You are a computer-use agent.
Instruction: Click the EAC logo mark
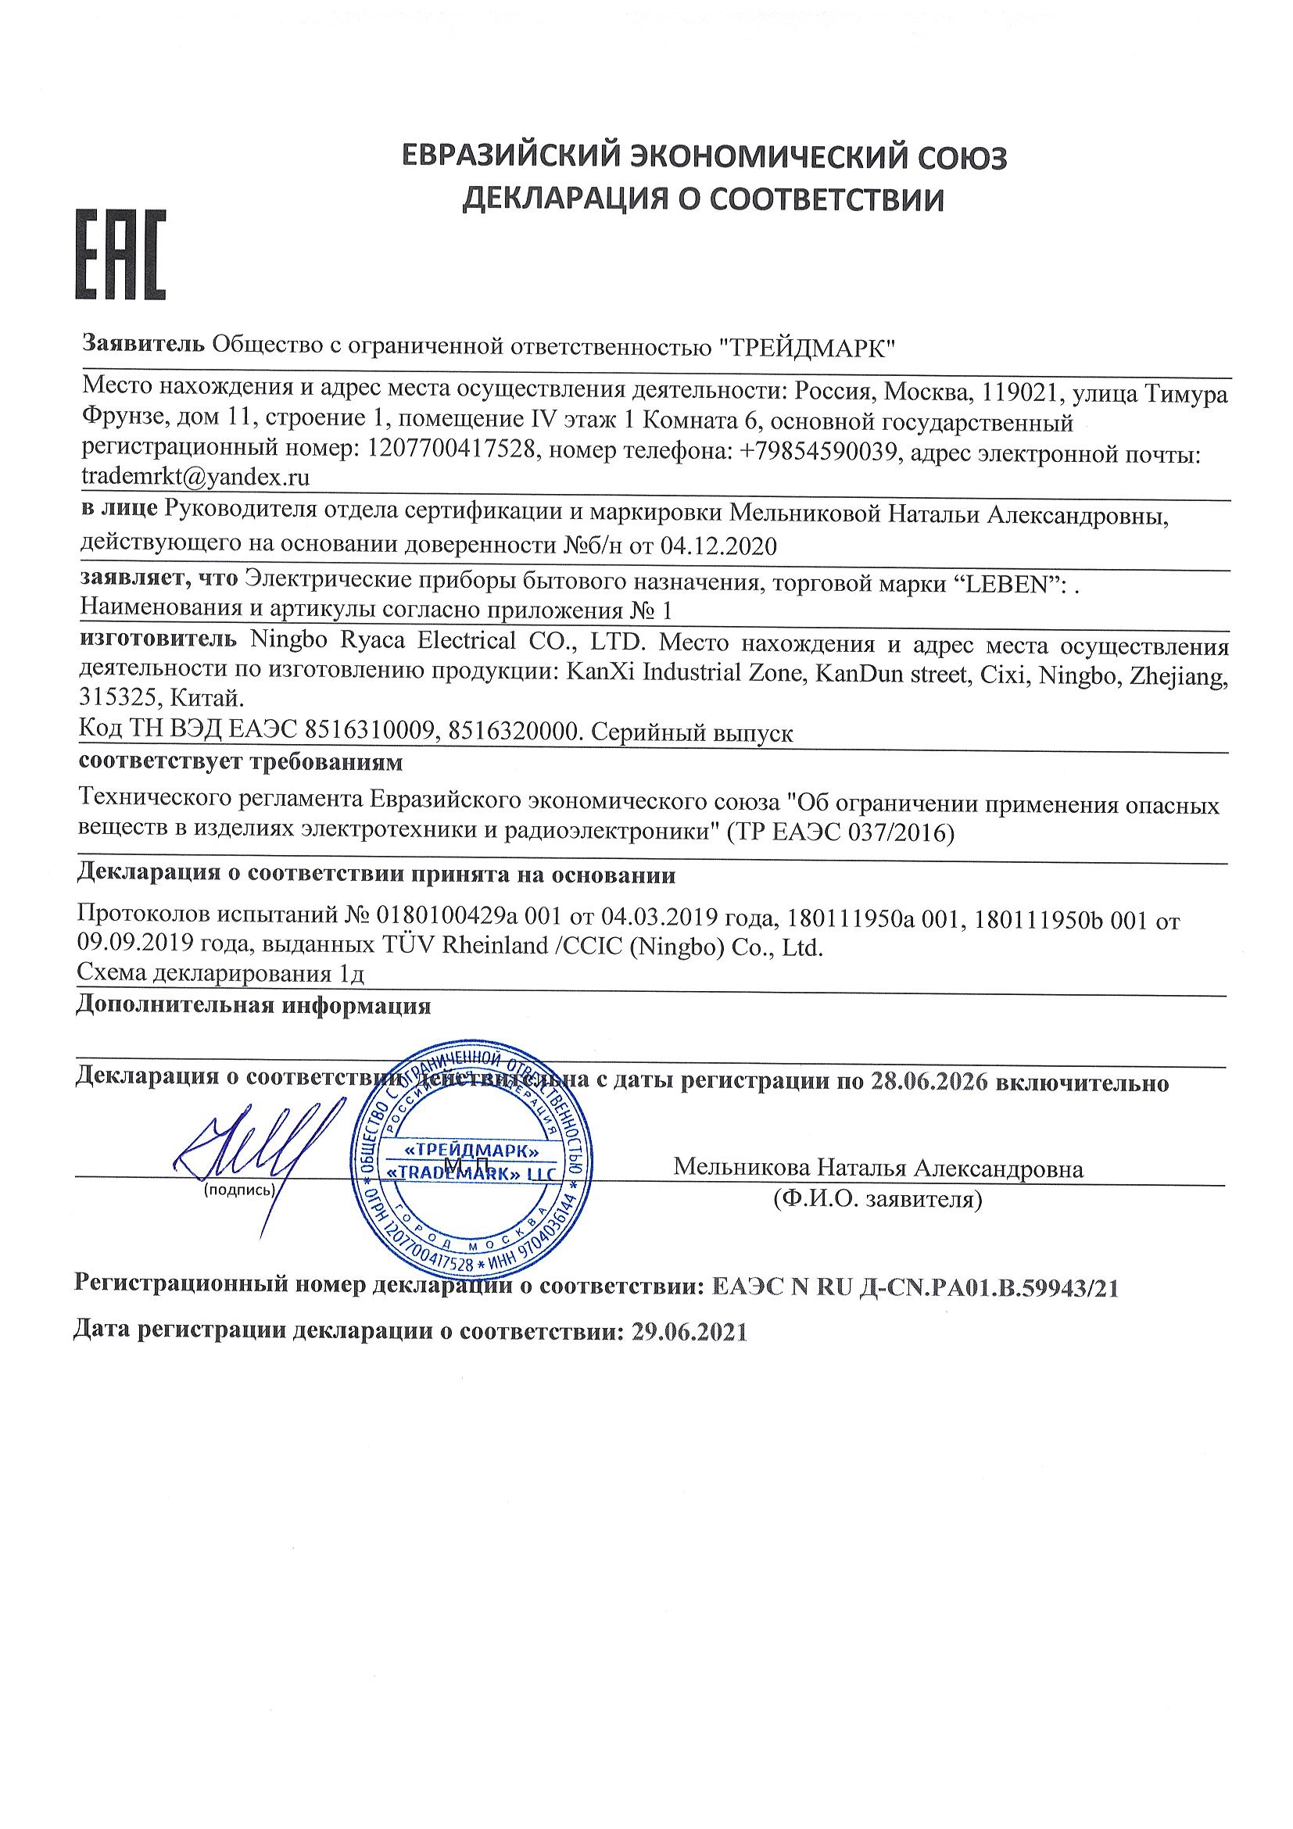click(x=120, y=254)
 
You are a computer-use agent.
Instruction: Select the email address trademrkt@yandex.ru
click(x=196, y=478)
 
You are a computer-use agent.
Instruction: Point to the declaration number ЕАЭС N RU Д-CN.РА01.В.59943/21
click(x=912, y=1288)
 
